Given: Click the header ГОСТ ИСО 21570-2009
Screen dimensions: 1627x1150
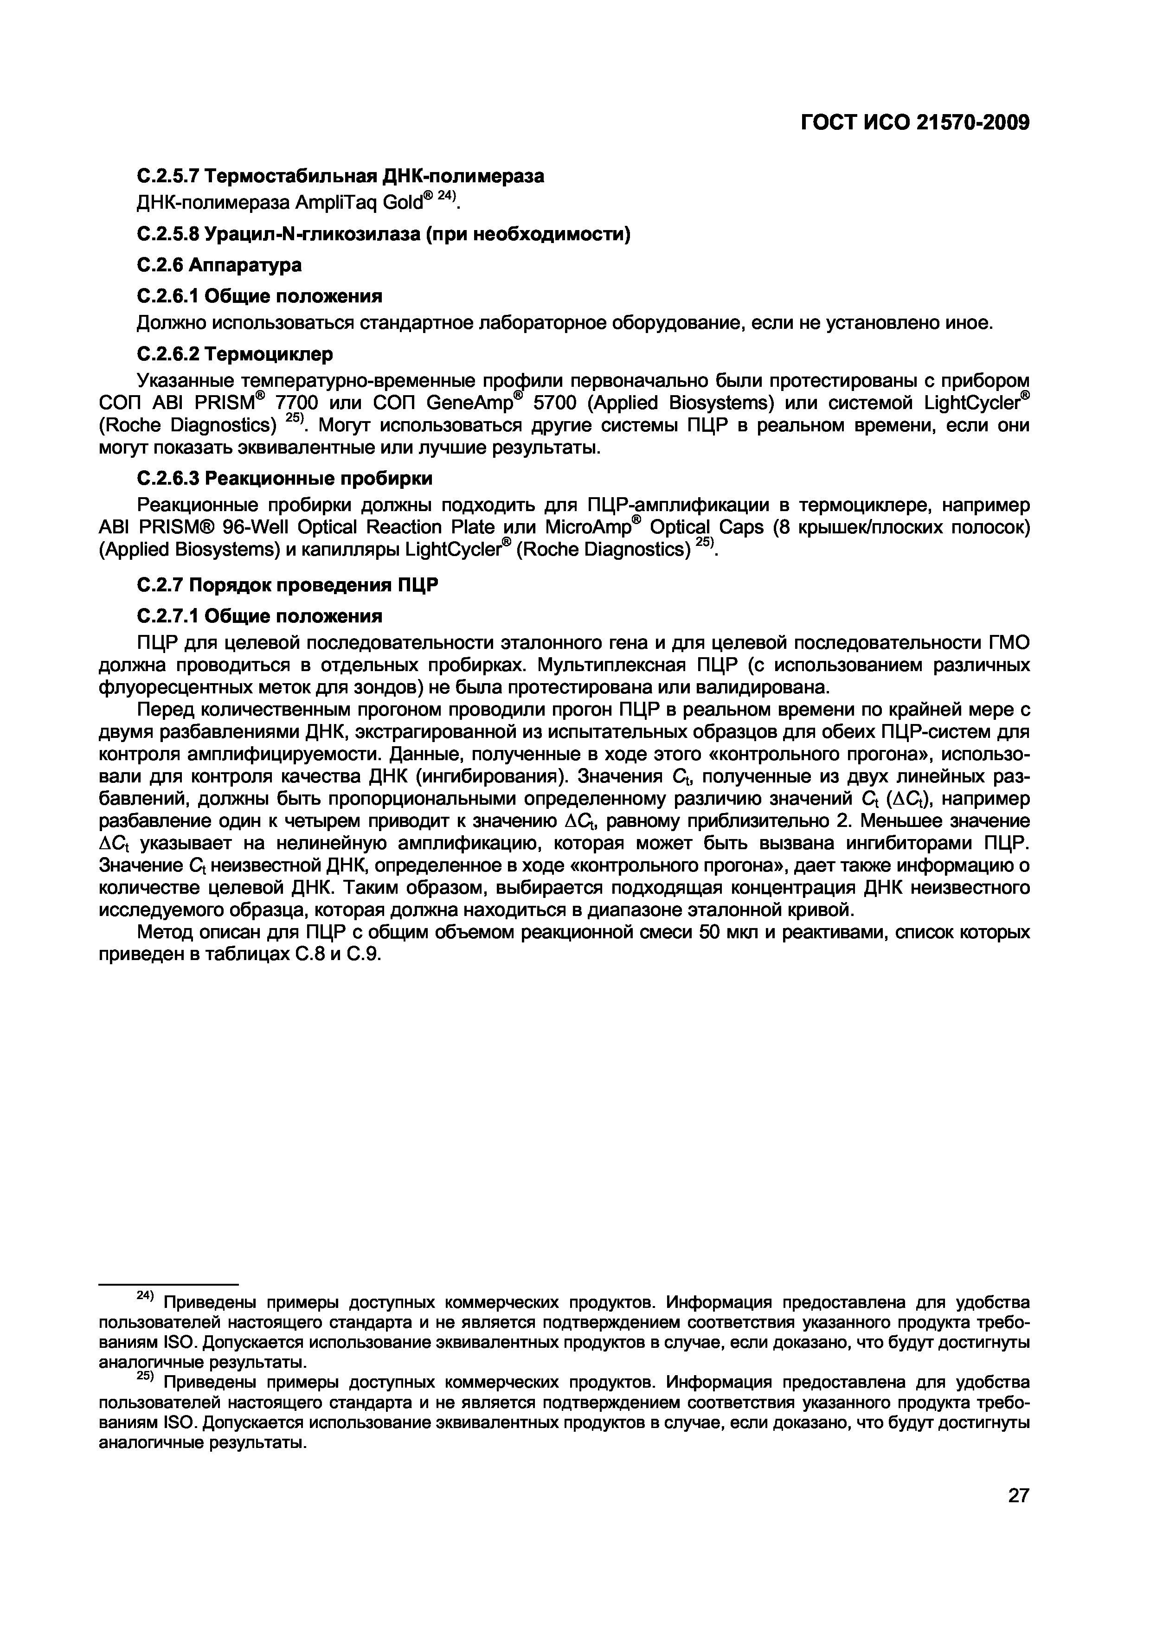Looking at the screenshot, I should [915, 122].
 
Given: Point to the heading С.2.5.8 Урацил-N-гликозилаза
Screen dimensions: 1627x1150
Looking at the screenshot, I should [383, 234].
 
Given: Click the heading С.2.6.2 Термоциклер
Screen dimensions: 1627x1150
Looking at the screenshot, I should [234, 353].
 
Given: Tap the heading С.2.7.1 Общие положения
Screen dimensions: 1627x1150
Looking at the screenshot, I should [259, 616].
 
